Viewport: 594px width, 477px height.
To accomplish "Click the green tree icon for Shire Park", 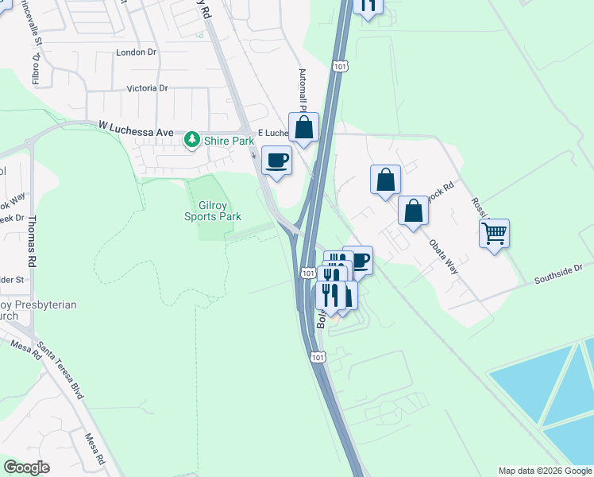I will pyautogui.click(x=191, y=141).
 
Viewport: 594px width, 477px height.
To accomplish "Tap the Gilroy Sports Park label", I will pyautogui.click(x=213, y=210).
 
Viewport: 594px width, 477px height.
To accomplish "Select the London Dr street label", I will pyautogui.click(x=137, y=52).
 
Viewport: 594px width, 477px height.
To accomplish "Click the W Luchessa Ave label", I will pyautogui.click(x=136, y=126).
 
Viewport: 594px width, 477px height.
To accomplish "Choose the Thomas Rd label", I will pyautogui.click(x=33, y=238).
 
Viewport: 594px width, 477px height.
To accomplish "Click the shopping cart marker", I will pyautogui.click(x=494, y=234).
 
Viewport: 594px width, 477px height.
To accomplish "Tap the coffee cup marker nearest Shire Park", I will pyautogui.click(x=276, y=161).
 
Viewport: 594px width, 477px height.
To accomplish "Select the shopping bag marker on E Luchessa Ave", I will pyautogui.click(x=303, y=127).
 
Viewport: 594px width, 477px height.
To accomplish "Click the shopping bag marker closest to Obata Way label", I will pyautogui.click(x=413, y=211).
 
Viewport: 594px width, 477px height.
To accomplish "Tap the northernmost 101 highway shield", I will pyautogui.click(x=340, y=67).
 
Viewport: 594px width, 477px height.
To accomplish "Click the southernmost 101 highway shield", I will pyautogui.click(x=318, y=358).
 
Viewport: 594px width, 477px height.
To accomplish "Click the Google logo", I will pyautogui.click(x=27, y=467).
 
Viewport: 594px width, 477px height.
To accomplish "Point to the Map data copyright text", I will pyautogui.click(x=545, y=471).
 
